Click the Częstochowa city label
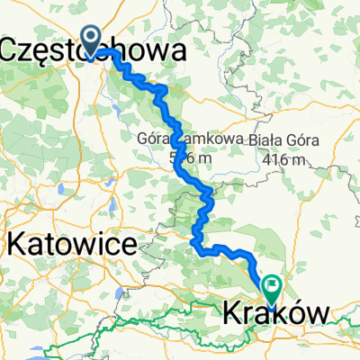[94, 49]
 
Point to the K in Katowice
[15, 243]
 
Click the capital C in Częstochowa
[11, 49]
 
